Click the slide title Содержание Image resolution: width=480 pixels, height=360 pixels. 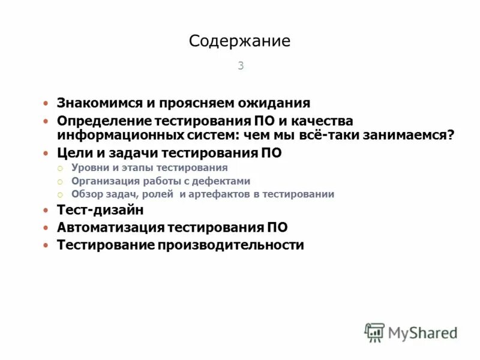tap(239, 41)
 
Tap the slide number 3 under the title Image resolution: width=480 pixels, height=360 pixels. tap(241, 66)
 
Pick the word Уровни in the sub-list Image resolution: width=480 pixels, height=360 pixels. tap(90, 168)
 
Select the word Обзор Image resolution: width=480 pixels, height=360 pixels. tap(87, 194)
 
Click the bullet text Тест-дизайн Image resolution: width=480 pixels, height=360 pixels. tap(100, 211)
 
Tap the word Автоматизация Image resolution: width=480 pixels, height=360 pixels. tap(110, 228)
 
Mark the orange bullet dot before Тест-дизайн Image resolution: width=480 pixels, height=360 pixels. tap(46, 211)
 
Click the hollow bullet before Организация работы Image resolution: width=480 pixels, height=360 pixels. tap(60, 182)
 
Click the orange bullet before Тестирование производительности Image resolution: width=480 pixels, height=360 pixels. tap(46, 246)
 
